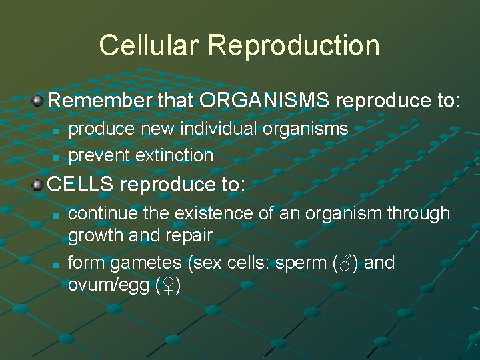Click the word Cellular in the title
(149, 46)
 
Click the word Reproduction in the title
(293, 46)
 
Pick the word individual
(216, 129)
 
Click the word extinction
(174, 155)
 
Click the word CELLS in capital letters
(79, 185)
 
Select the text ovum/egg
(106, 286)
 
